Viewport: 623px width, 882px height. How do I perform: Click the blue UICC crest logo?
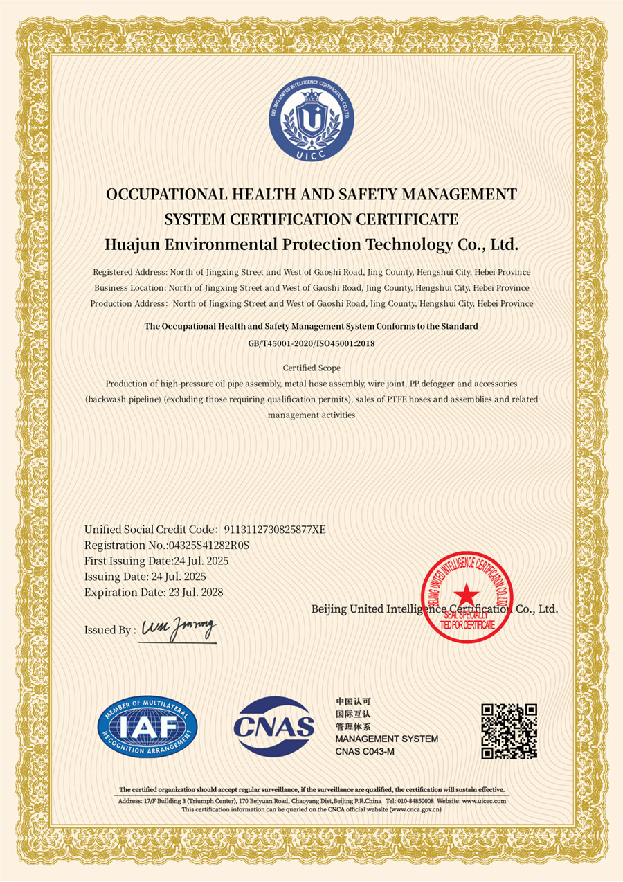click(x=311, y=123)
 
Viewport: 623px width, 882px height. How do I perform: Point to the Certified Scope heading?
click(x=311, y=368)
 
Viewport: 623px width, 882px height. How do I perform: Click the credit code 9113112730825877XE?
click(x=275, y=530)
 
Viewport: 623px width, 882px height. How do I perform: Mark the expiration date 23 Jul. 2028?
click(x=196, y=592)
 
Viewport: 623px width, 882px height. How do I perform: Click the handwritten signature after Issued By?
click(x=179, y=629)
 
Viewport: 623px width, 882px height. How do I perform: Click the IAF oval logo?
click(x=147, y=726)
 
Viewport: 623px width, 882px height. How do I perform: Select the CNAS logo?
click(x=274, y=726)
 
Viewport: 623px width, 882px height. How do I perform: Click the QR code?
click(x=509, y=731)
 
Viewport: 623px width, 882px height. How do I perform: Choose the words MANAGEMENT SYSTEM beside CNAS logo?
click(x=386, y=739)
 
